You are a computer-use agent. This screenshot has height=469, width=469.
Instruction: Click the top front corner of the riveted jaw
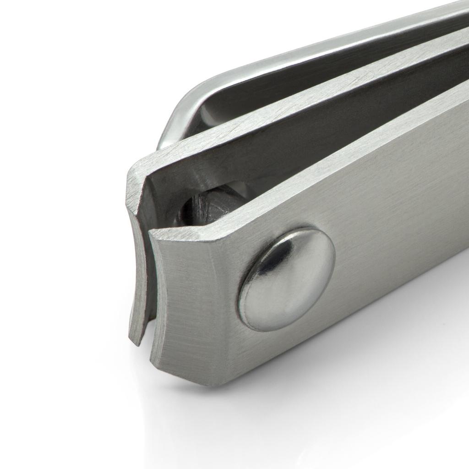pos(153,234)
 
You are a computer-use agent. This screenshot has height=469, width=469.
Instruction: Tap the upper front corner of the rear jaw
pos(131,169)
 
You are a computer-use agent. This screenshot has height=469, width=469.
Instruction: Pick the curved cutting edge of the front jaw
pos(158,293)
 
